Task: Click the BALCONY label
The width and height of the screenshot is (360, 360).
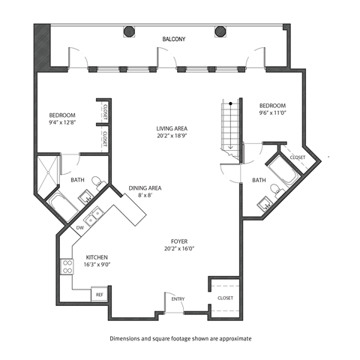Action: tap(174, 38)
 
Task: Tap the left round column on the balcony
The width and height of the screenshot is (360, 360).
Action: tap(129, 31)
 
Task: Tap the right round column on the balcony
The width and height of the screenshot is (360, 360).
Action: tap(220, 31)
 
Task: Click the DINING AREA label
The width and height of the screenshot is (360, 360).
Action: tap(147, 187)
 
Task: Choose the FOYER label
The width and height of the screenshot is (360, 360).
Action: tap(178, 241)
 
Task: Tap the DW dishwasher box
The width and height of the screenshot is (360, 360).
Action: tap(80, 227)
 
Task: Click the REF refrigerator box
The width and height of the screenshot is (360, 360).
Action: tap(98, 295)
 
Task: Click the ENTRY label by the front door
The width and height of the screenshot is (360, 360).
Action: tap(178, 299)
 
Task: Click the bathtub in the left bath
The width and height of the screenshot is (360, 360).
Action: tap(58, 202)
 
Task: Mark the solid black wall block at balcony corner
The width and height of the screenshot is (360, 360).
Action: tap(39, 45)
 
